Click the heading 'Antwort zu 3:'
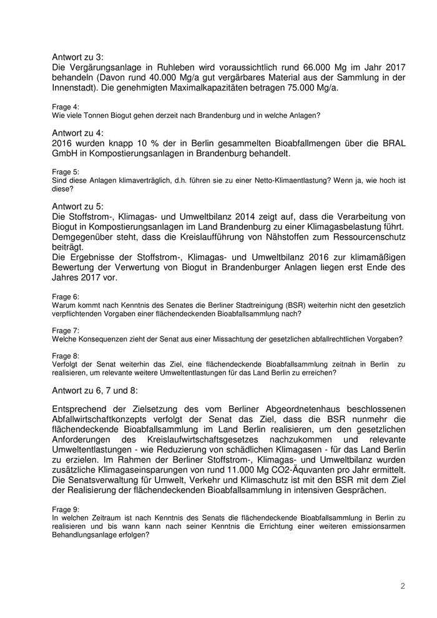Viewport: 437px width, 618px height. (78, 57)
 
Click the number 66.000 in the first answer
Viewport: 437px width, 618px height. (302, 67)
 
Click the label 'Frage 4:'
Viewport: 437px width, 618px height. (65, 107)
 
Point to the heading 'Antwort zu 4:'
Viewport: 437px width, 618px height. (78, 132)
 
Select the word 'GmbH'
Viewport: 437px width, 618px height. (66, 153)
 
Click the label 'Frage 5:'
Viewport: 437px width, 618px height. (65, 172)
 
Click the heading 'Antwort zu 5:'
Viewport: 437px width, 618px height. (78, 205)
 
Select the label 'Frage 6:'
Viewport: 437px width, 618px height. (65, 295)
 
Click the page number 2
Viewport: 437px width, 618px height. (403, 586)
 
